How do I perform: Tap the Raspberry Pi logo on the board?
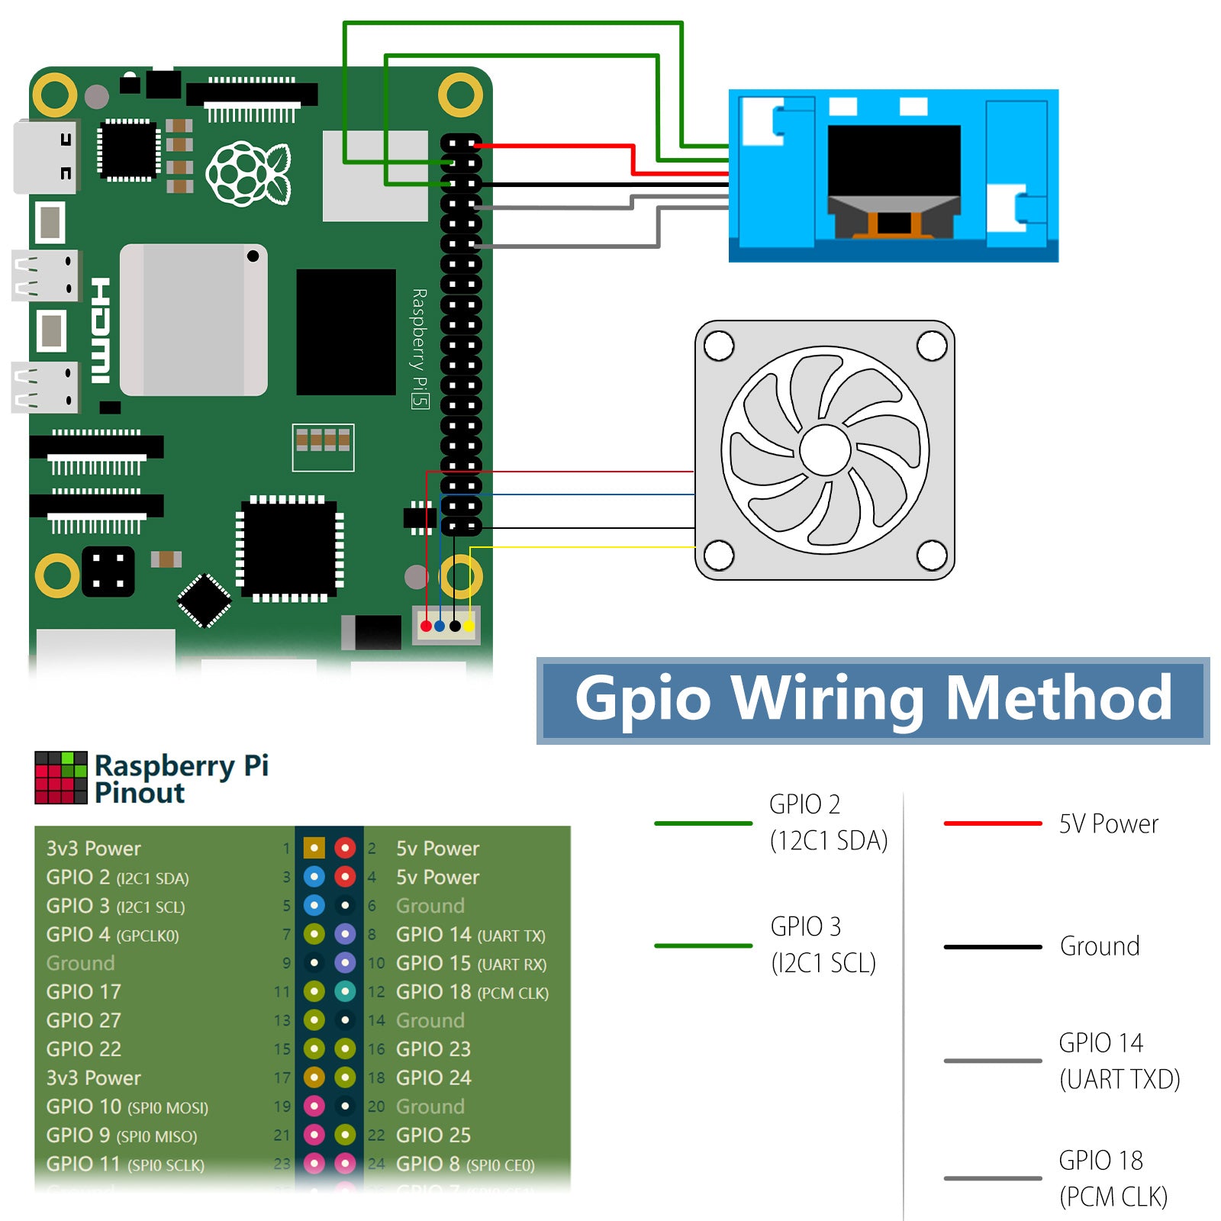pos(249,173)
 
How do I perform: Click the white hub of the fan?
pos(825,450)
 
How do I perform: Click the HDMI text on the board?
pos(101,330)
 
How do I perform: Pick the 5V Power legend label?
pos(1108,824)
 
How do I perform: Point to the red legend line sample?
pos(992,823)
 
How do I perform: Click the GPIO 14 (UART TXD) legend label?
pos(1119,1061)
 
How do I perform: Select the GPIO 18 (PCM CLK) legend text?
pos(1113,1178)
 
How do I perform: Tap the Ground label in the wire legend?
pos(1100,946)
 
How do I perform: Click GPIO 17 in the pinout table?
pos(84,992)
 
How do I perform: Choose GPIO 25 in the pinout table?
pos(433,1135)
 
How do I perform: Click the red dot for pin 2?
pos(345,848)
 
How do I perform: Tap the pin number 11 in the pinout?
pos(282,992)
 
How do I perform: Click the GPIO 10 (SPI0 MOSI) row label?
pos(127,1107)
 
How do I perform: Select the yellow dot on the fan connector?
pos(469,627)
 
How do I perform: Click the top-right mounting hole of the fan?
pos(931,346)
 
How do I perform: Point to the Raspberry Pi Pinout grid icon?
pos(61,778)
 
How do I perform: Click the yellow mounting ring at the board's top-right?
pos(460,95)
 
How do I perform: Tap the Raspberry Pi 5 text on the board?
pos(420,348)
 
